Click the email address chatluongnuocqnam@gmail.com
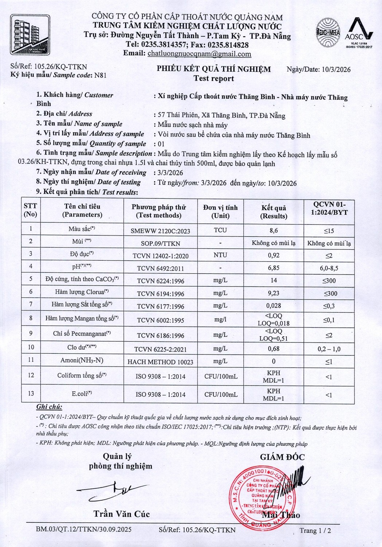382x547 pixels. pos(199,54)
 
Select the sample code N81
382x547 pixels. pos(100,75)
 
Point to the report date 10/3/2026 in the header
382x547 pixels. pos(336,70)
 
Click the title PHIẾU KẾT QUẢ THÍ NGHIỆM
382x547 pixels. pos(214,69)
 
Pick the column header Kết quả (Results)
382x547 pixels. pos(273,212)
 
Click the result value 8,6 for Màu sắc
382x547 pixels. pos(273,230)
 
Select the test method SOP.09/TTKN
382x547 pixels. pos(160,243)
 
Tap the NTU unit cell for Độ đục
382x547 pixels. pos(220,255)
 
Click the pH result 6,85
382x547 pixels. pos(273,268)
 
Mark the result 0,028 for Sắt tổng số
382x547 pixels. pos(273,306)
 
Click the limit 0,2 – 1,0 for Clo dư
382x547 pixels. pos(329,349)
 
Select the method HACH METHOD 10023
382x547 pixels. pos(160,362)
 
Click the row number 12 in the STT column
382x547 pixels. pos(31,375)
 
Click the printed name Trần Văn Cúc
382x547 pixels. pos(121,514)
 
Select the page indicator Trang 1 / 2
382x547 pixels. pos(315,531)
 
